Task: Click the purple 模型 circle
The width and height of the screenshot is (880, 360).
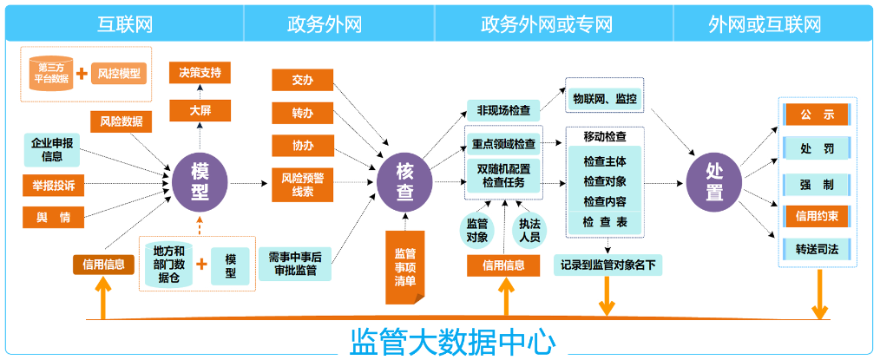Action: tap(200, 182)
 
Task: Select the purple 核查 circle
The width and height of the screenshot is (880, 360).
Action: tap(404, 182)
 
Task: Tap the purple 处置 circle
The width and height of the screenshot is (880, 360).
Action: tap(714, 182)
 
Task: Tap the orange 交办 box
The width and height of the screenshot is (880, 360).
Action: tap(302, 81)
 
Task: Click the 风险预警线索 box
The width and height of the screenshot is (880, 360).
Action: tap(302, 184)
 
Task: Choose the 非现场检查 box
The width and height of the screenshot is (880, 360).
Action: tap(503, 110)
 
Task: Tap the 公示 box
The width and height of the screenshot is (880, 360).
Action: tap(816, 114)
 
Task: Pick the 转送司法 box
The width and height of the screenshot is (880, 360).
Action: tap(816, 249)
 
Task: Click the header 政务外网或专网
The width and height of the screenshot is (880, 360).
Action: tap(554, 23)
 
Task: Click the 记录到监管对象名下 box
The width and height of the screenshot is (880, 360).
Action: tap(607, 264)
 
